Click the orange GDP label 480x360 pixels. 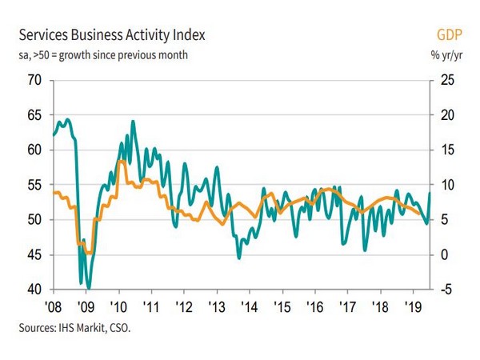[x=449, y=34]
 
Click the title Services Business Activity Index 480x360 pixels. [x=112, y=35]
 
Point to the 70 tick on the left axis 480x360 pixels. [x=34, y=80]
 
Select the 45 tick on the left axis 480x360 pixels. [x=34, y=254]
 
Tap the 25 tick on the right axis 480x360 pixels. [x=447, y=80]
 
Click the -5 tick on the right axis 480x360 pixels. [x=446, y=290]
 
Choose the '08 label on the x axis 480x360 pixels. [x=54, y=306]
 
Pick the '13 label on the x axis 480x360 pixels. [x=217, y=306]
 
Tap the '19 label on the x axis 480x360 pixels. [x=413, y=306]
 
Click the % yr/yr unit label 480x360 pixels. [x=446, y=55]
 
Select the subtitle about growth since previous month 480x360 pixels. [x=103, y=55]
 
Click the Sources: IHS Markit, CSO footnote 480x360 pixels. [x=74, y=328]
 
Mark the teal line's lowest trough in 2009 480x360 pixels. [x=89, y=288]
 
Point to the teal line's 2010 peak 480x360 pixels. [x=133, y=122]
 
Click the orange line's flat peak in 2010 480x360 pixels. [x=122, y=161]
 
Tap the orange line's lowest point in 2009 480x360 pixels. [x=89, y=253]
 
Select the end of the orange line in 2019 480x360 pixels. [x=419, y=214]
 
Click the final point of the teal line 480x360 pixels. [x=430, y=193]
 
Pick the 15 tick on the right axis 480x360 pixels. [x=447, y=150]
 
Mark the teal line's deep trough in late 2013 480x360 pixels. [x=239, y=258]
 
